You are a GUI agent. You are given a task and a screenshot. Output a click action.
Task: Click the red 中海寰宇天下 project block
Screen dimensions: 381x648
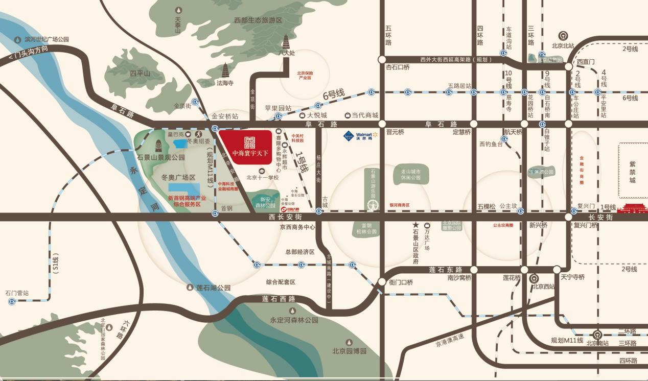pyautogui.click(x=245, y=146)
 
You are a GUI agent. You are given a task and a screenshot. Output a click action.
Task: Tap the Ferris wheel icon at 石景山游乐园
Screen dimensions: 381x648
pyautogui.click(x=373, y=204)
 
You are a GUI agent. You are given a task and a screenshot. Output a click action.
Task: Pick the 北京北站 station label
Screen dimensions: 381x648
pyautogui.click(x=563, y=45)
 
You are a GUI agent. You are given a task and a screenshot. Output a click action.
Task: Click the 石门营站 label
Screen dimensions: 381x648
pyautogui.click(x=17, y=293)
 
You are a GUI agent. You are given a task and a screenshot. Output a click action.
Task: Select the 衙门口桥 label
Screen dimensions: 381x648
pyautogui.click(x=401, y=282)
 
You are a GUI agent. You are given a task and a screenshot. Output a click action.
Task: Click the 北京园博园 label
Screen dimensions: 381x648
pyautogui.click(x=350, y=351)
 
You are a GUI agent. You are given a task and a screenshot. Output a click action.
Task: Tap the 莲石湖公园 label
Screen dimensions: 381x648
pyautogui.click(x=214, y=288)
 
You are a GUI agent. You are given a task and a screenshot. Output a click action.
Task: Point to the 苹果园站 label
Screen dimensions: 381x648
pyautogui.click(x=277, y=108)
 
